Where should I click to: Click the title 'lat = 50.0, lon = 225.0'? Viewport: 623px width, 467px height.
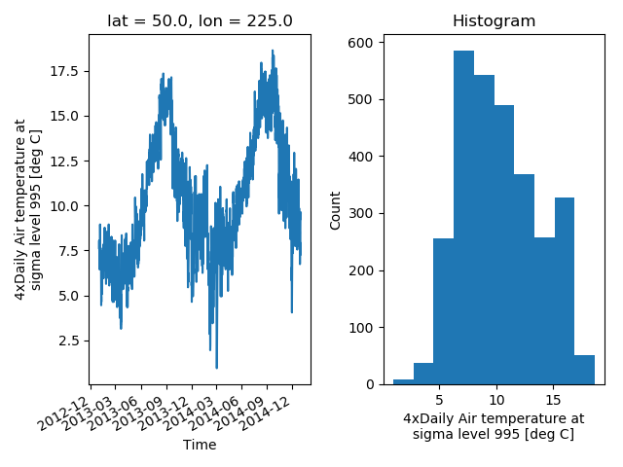pos(200,20)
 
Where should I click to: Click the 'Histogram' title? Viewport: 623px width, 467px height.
pos(494,20)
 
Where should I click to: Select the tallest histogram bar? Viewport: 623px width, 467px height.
pos(463,218)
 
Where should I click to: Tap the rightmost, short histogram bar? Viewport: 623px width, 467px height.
pos(584,370)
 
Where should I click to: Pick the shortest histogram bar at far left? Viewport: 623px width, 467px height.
pos(403,382)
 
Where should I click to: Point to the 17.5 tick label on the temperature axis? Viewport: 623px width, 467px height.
pos(64,71)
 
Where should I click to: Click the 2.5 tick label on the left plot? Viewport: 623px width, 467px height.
pos(68,341)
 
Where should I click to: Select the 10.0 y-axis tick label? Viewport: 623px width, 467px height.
pos(64,206)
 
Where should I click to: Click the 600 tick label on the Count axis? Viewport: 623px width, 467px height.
pos(361,43)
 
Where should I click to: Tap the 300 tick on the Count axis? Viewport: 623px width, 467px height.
pos(361,214)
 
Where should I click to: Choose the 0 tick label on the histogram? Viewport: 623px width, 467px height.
pos(370,384)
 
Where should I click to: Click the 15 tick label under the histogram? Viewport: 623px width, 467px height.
pos(553,400)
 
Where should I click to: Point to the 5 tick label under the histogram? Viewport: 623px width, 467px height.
pos(439,400)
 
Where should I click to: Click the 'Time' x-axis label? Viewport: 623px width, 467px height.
pos(200,445)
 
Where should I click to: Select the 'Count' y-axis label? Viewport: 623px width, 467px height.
pos(335,210)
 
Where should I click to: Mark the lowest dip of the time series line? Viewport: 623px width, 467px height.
pos(216,368)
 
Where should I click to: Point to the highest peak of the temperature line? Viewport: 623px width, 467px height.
pos(273,51)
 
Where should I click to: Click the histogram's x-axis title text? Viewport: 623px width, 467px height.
pos(494,426)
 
